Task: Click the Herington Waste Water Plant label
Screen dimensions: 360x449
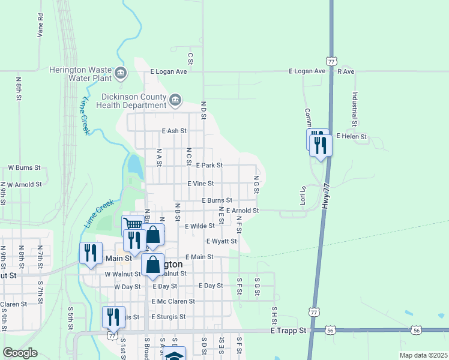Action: coord(88,74)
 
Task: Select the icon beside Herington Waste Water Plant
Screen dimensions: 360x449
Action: coord(121,74)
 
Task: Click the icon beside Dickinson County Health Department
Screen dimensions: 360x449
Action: coord(175,100)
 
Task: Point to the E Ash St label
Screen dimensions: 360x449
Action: coord(174,130)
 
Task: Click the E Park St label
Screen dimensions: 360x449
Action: coord(209,165)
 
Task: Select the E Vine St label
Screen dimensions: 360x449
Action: coord(200,184)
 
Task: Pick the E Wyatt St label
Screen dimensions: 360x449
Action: coord(221,241)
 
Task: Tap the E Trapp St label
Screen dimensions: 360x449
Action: coord(288,331)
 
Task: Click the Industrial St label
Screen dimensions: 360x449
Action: coord(355,109)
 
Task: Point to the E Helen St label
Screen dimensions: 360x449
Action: coord(351,136)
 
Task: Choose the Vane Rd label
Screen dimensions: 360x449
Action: coord(41,26)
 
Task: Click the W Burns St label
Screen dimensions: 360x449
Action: coord(24,168)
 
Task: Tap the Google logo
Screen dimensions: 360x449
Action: coord(20,353)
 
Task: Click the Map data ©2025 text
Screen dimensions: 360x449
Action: coord(423,355)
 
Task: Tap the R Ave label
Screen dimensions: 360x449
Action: coord(346,71)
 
